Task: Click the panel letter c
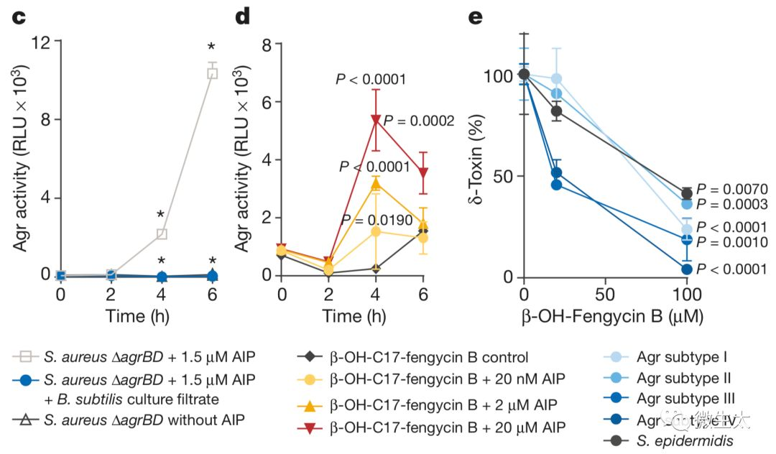click(x=20, y=16)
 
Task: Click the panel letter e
click(x=475, y=16)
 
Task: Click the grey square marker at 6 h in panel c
click(x=212, y=73)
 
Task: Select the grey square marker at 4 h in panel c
click(x=162, y=234)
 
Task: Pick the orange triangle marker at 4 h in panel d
click(x=375, y=185)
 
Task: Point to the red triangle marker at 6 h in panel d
click(x=424, y=173)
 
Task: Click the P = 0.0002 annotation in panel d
click(x=419, y=121)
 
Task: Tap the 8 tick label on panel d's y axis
click(x=266, y=45)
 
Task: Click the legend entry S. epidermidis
click(x=684, y=441)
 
